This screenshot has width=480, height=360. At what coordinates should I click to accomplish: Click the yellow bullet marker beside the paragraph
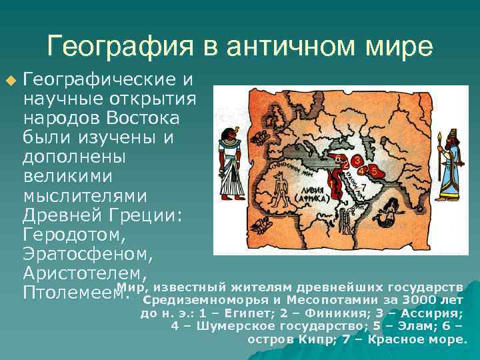point(9,81)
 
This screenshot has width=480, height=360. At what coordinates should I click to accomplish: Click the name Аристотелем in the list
point(89,274)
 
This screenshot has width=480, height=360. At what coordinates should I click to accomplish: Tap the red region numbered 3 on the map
point(358,161)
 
